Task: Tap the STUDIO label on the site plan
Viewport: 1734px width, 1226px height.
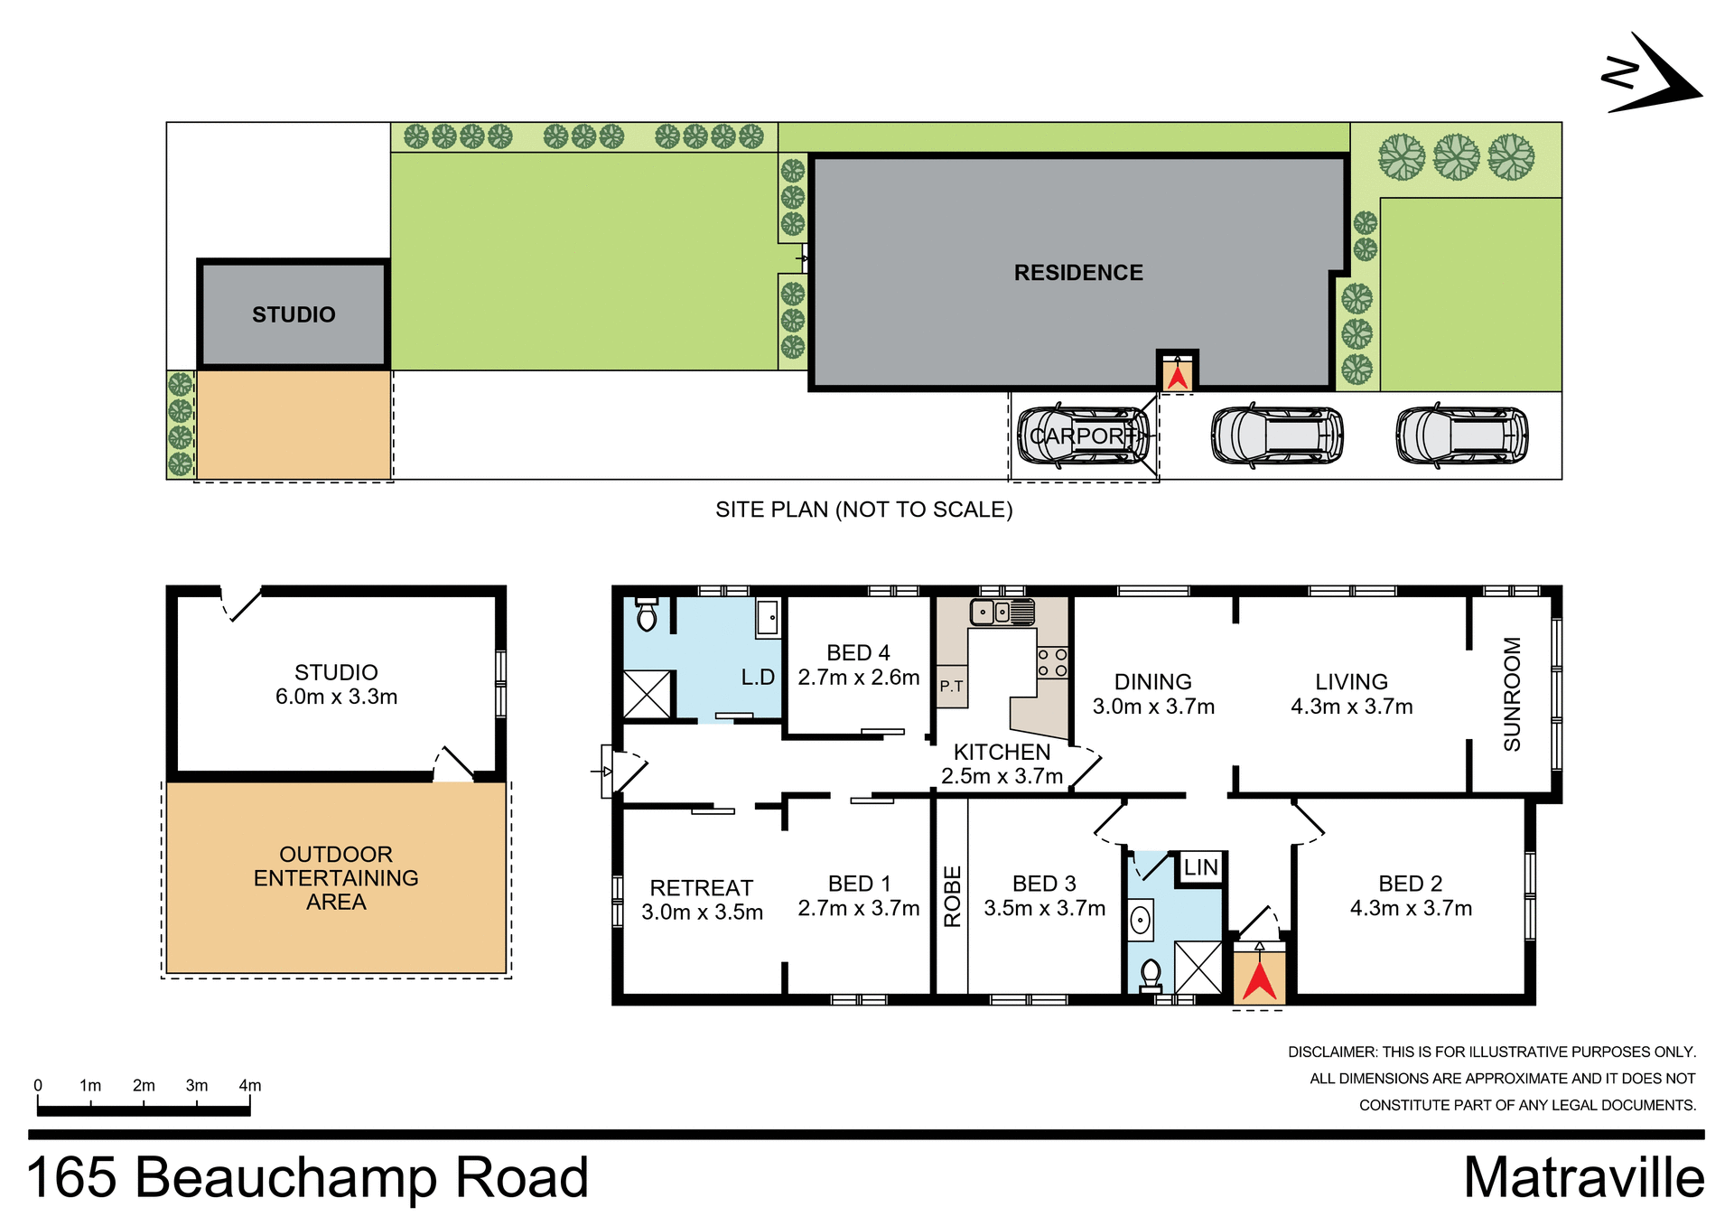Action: pyautogui.click(x=294, y=314)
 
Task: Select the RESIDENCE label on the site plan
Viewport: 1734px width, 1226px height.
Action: pyautogui.click(x=1078, y=272)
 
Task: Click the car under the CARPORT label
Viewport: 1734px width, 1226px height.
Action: pyautogui.click(x=1084, y=435)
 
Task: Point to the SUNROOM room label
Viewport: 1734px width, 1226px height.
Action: pyautogui.click(x=1512, y=694)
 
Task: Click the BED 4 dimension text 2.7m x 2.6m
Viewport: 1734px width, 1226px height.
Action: pyautogui.click(x=858, y=678)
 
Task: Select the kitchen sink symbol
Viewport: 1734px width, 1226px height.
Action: pyautogui.click(x=1002, y=612)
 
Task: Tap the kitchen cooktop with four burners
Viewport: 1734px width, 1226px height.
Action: pyautogui.click(x=1052, y=662)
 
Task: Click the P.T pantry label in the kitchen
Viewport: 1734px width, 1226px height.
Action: pyautogui.click(x=951, y=686)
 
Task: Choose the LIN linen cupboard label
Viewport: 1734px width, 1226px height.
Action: pyautogui.click(x=1200, y=867)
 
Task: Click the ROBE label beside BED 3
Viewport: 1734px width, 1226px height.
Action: pyautogui.click(x=952, y=896)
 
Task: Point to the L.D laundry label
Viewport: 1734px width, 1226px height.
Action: pyautogui.click(x=757, y=678)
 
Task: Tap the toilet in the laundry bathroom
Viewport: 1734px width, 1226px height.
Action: pyautogui.click(x=647, y=615)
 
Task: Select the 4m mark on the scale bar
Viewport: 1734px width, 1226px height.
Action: pyautogui.click(x=249, y=1086)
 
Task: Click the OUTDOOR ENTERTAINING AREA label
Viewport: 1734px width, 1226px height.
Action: pyautogui.click(x=336, y=878)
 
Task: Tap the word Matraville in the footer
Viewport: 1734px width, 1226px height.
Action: pyautogui.click(x=1583, y=1178)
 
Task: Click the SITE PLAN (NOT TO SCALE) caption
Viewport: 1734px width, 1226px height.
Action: pyautogui.click(x=863, y=510)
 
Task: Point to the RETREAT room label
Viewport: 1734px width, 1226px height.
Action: pyautogui.click(x=701, y=888)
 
